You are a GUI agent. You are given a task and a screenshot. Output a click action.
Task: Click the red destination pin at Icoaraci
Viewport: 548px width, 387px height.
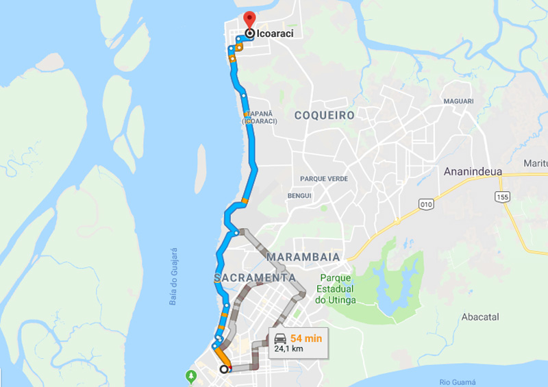(x=249, y=19)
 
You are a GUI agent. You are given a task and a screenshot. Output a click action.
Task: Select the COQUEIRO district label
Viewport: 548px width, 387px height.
(x=325, y=115)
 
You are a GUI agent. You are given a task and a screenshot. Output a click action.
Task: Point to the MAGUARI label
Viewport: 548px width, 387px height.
(x=458, y=101)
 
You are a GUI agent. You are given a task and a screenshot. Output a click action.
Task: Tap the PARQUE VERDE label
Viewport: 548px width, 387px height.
(x=324, y=179)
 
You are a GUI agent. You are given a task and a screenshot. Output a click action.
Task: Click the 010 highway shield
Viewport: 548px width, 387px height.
(x=426, y=204)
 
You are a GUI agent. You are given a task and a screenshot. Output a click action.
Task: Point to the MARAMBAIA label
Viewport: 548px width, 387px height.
(x=303, y=256)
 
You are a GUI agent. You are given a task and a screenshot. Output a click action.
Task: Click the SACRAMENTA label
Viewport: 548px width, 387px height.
(x=255, y=277)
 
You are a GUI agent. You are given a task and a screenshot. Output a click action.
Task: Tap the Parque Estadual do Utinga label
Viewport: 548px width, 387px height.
(x=336, y=289)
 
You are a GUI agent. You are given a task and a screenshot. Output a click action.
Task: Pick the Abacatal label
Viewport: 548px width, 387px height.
(x=480, y=317)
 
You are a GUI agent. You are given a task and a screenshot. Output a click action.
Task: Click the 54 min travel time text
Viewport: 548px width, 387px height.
(x=306, y=338)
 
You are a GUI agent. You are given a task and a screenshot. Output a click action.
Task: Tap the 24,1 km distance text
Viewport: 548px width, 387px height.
(x=290, y=349)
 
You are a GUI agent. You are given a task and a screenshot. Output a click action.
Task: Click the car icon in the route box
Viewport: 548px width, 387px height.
(x=280, y=338)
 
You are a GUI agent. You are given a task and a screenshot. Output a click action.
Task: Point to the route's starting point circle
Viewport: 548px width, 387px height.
(x=224, y=369)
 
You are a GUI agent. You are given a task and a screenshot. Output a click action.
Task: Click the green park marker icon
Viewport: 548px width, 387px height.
(x=191, y=376)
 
